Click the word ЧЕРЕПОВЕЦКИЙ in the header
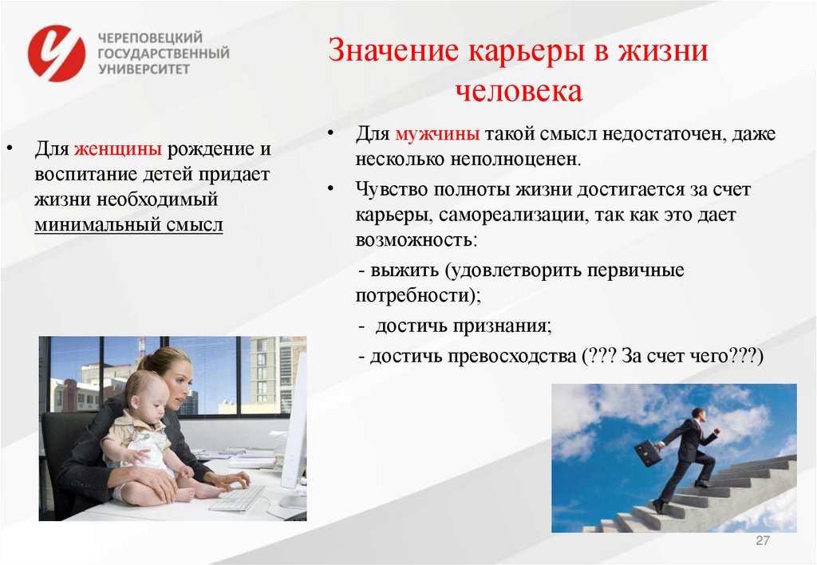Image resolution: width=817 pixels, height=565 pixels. pyautogui.click(x=150, y=38)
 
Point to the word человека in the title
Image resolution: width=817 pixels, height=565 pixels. pyautogui.click(x=519, y=91)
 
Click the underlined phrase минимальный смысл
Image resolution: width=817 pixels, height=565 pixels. pyautogui.click(x=128, y=225)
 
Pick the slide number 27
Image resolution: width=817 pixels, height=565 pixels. pyautogui.click(x=762, y=541)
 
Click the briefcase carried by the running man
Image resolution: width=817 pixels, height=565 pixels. pyautogui.click(x=648, y=452)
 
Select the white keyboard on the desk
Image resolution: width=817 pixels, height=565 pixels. pyautogui.click(x=237, y=498)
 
